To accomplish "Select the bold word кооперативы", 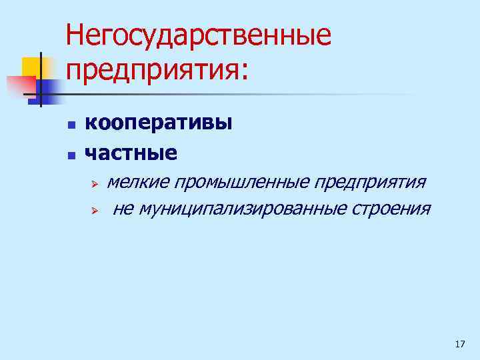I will tap(159, 123).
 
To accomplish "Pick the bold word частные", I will tap(131, 153).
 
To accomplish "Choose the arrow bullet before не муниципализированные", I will tap(95, 211).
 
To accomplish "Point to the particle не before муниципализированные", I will tap(122, 209).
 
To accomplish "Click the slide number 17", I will tap(459, 344).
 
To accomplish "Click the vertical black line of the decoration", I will tap(41, 80).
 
